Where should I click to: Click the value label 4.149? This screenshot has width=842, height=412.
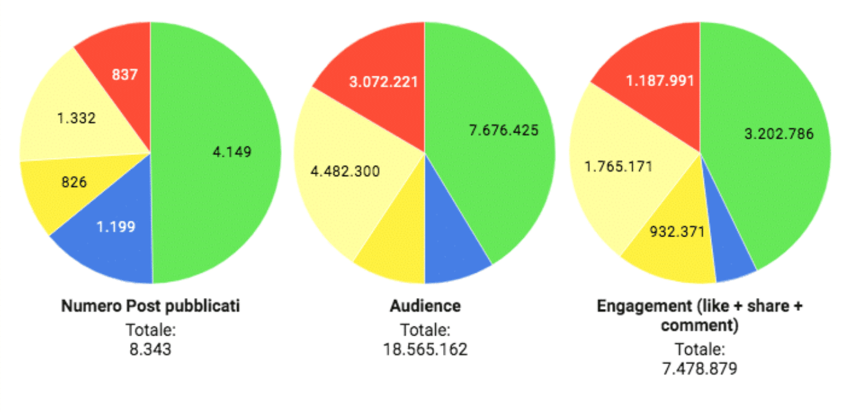tap(232, 152)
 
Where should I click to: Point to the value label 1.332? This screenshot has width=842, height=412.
tap(76, 118)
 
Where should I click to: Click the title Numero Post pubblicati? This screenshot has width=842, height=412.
tap(150, 306)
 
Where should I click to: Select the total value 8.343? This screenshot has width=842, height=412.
tap(150, 349)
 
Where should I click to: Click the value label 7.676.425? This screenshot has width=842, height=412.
tap(503, 130)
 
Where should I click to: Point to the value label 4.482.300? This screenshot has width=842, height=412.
tap(345, 172)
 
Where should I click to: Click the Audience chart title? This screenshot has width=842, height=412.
tap(425, 306)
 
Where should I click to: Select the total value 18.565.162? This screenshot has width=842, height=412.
tap(425, 349)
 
